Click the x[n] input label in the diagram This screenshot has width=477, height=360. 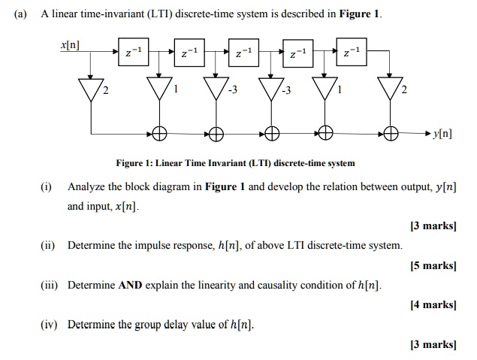pyautogui.click(x=72, y=47)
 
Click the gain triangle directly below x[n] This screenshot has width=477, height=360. pyautogui.click(x=92, y=89)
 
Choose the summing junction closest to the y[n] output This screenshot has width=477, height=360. pyautogui.click(x=390, y=134)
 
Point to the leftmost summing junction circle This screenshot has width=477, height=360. pyautogui.click(x=159, y=134)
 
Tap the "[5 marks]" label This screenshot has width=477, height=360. pyautogui.click(x=433, y=265)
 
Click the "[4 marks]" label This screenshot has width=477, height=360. pyautogui.click(x=433, y=304)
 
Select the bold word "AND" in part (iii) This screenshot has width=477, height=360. pyautogui.click(x=131, y=285)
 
